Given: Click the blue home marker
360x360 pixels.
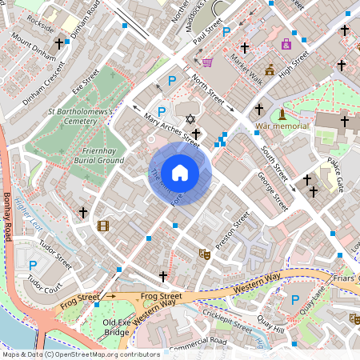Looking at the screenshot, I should [x=180, y=172].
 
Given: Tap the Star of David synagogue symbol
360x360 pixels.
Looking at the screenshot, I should [x=190, y=119].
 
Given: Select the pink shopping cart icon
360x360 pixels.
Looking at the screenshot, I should [x=207, y=62].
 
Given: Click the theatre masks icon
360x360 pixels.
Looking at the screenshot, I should [x=204, y=254].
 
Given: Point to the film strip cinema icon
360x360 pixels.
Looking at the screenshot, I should [x=102, y=226].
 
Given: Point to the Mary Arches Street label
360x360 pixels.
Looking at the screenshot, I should [x=170, y=130].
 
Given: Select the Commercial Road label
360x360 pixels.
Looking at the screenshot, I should [x=198, y=342].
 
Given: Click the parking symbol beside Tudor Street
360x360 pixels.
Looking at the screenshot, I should [x=33, y=265].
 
